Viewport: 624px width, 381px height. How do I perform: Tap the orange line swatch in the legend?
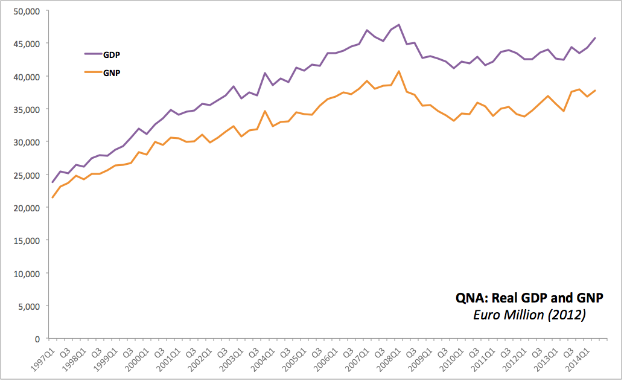coord(93,73)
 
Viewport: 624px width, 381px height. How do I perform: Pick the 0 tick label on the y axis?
coord(37,339)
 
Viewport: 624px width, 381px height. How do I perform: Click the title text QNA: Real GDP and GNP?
coord(529,298)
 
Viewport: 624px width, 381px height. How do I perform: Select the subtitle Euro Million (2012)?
coord(529,315)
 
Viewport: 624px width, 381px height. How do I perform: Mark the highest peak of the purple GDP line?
coord(400,25)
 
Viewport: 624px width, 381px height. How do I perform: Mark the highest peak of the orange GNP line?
coord(400,71)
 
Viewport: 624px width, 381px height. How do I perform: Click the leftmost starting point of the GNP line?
coord(53,197)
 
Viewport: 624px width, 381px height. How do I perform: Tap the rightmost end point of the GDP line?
coord(596,38)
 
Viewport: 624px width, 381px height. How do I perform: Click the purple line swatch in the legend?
coord(93,54)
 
